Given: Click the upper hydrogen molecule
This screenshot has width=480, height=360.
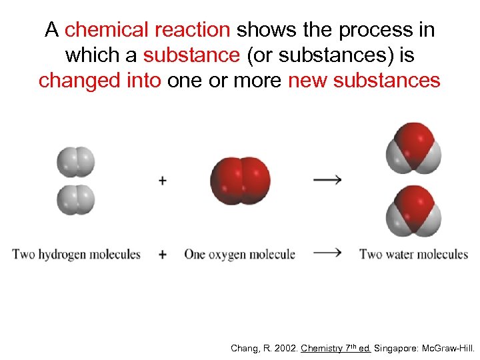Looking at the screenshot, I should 76,161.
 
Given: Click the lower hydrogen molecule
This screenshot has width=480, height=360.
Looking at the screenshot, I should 76,199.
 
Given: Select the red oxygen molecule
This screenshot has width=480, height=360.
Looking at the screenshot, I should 240,180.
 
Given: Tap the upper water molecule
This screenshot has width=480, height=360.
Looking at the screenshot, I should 413,147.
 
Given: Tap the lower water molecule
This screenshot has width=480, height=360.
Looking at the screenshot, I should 413,211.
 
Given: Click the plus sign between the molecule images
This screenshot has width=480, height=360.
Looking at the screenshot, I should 163,180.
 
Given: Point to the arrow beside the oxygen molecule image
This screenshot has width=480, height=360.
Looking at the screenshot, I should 327,179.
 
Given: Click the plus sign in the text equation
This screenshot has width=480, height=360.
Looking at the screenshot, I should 163,254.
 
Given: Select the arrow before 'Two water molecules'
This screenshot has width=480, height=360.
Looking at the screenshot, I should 327,253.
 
